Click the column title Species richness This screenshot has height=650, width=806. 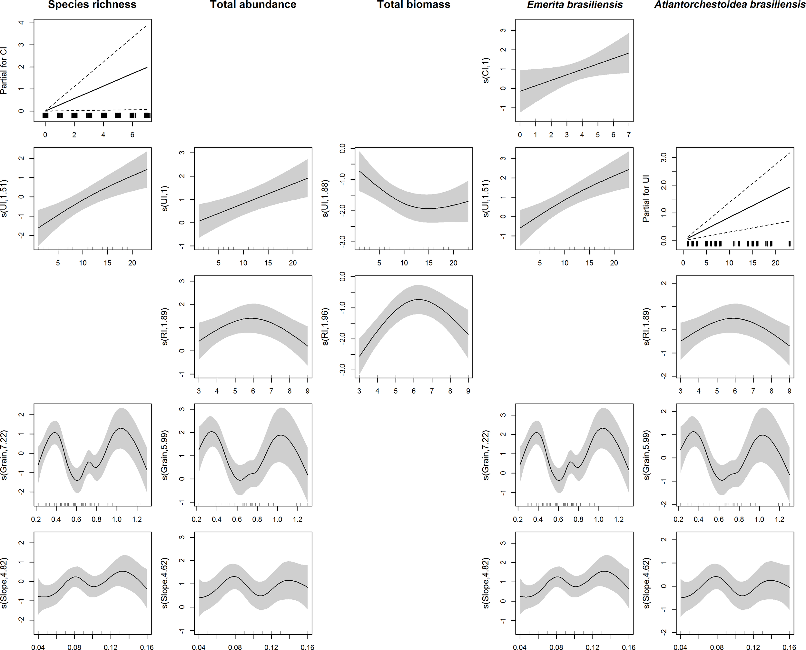coord(92,5)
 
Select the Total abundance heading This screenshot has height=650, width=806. coord(253,5)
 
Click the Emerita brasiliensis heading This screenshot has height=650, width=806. coord(575,5)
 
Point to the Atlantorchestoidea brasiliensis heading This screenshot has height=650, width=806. coord(730,5)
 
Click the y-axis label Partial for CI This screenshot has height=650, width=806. coord(4,70)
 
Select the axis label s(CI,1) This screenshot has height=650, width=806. coord(486,70)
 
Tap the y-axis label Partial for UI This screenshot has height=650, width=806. coord(646,198)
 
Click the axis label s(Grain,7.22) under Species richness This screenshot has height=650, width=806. coord(4,455)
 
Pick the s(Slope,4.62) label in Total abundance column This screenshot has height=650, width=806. coord(165,583)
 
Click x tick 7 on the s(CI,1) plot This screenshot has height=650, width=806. coord(629,135)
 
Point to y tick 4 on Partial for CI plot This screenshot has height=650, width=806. coord(21,23)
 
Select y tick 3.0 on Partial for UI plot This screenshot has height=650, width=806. coord(664,157)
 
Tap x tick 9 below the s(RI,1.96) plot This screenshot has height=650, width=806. coord(468,391)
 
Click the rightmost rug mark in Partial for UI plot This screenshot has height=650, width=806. coord(790,244)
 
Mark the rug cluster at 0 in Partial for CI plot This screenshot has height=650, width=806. coord(45,115)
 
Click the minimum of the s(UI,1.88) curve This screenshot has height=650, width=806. coord(429,209)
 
